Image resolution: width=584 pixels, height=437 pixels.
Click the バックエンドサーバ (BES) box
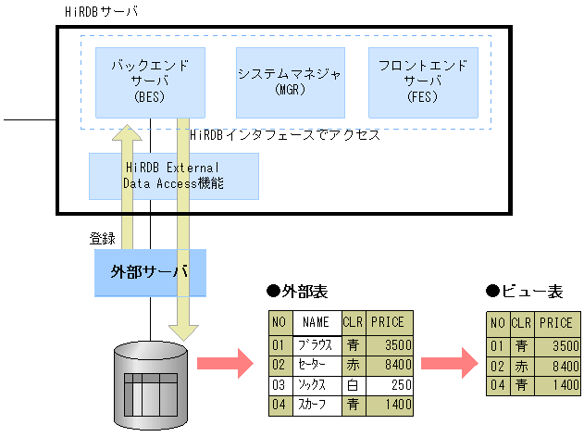pyautogui.click(x=149, y=81)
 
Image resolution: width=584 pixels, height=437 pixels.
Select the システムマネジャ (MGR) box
pyautogui.click(x=290, y=81)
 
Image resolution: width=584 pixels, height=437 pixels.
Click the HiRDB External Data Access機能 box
pyautogui.click(x=173, y=176)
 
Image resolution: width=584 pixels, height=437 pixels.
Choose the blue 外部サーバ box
pyautogui.click(x=149, y=272)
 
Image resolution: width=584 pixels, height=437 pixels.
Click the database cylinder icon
pyautogui.click(x=149, y=380)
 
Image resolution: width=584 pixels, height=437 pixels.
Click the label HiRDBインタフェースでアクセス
pyautogui.click(x=285, y=135)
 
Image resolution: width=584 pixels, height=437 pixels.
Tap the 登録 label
pyautogui.click(x=103, y=238)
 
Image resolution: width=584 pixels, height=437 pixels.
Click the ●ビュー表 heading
pyautogui.click(x=524, y=292)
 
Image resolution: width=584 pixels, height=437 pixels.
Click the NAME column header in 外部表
pyautogui.click(x=316, y=323)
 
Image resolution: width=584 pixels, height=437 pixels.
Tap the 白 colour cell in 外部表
pyautogui.click(x=353, y=385)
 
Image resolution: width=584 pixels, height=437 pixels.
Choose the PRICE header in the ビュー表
pyautogui.click(x=556, y=323)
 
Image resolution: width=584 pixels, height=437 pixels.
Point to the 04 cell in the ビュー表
pyautogui.click(x=497, y=385)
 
